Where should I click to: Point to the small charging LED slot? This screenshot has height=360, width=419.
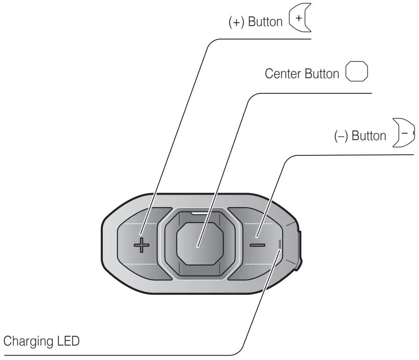[x=280, y=244]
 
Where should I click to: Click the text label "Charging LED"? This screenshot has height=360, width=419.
[x=41, y=343]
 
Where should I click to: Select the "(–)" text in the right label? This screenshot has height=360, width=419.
[x=341, y=136]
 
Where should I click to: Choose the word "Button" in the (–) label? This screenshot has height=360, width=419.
[x=369, y=136]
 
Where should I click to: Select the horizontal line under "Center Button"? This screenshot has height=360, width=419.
[x=314, y=93]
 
